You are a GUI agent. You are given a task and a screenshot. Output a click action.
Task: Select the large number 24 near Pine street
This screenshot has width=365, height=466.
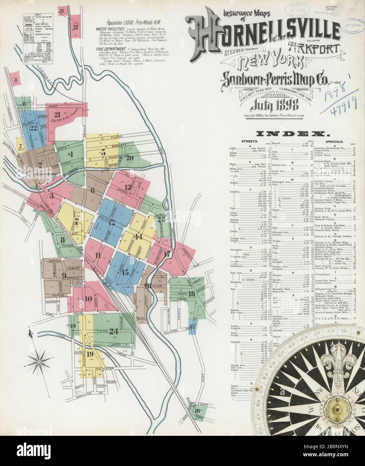click(114, 331)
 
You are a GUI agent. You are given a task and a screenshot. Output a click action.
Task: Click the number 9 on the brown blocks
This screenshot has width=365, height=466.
click(64, 276)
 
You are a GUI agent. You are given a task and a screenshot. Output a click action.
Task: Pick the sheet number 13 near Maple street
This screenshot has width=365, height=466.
click(127, 187)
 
